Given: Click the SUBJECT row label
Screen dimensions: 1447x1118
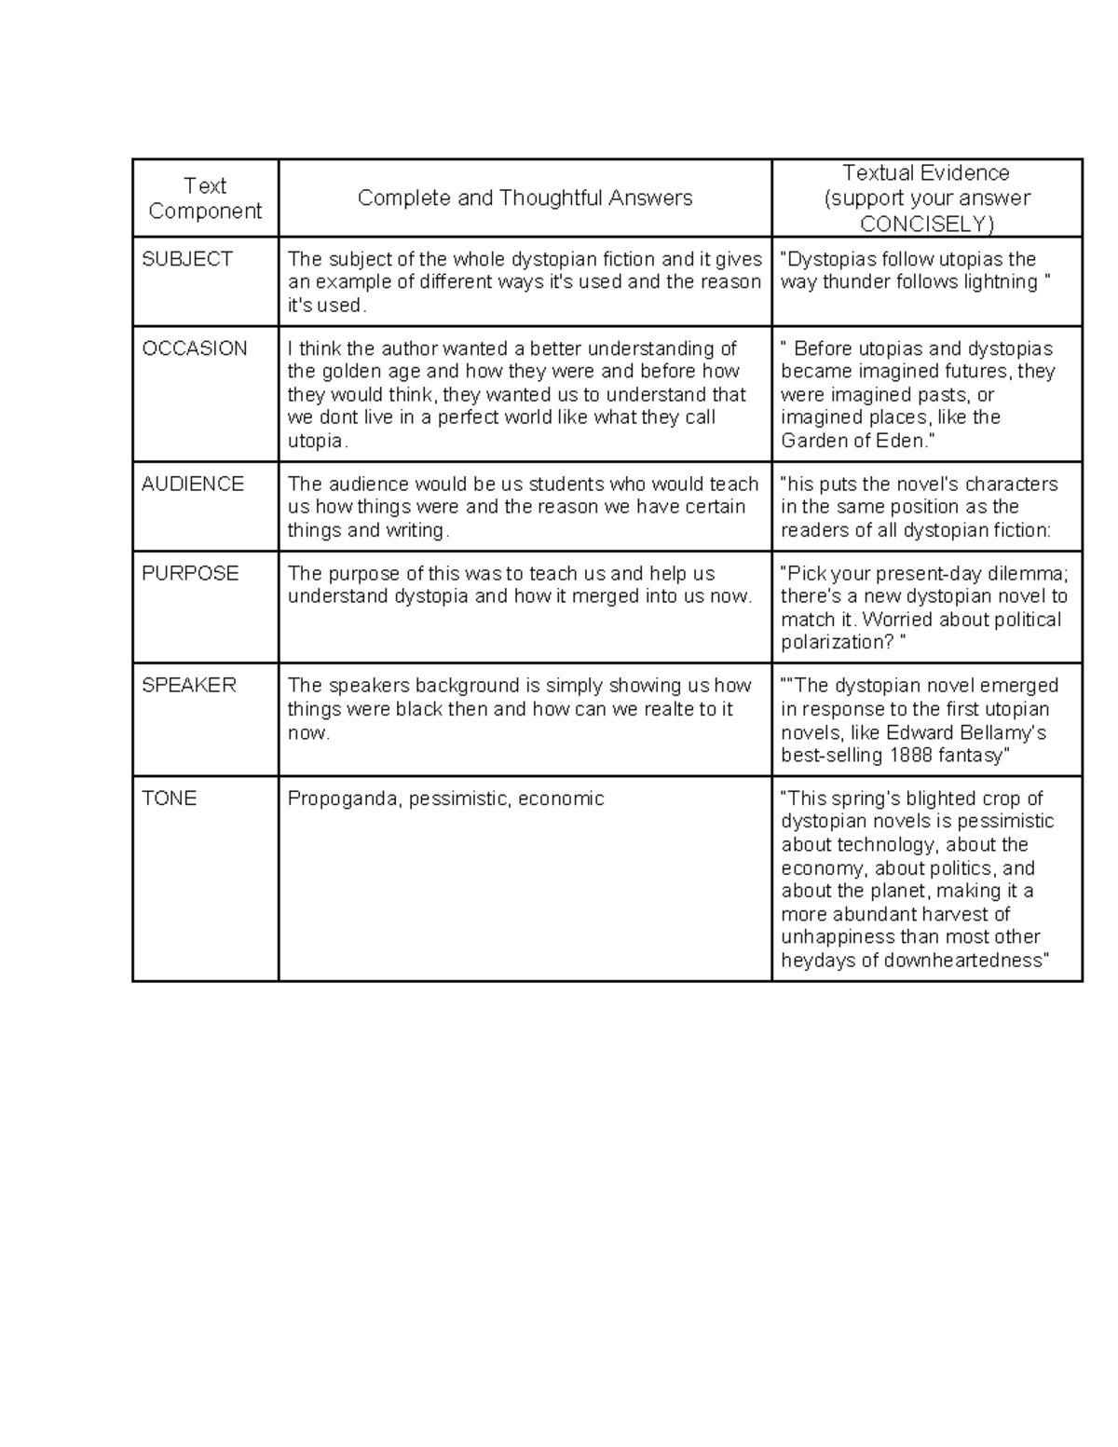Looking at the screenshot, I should [187, 259].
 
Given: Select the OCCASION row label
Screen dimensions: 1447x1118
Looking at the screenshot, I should [195, 348].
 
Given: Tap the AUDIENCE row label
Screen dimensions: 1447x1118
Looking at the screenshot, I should [193, 484].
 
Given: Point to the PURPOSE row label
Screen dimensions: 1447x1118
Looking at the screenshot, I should [190, 573].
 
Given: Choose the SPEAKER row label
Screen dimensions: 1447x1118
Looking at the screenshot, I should [189, 686].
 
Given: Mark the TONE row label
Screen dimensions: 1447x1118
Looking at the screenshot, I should [169, 799].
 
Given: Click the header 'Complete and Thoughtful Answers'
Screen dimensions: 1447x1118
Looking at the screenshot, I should [525, 198].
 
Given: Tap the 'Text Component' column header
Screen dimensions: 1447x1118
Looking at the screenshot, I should [205, 198].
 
